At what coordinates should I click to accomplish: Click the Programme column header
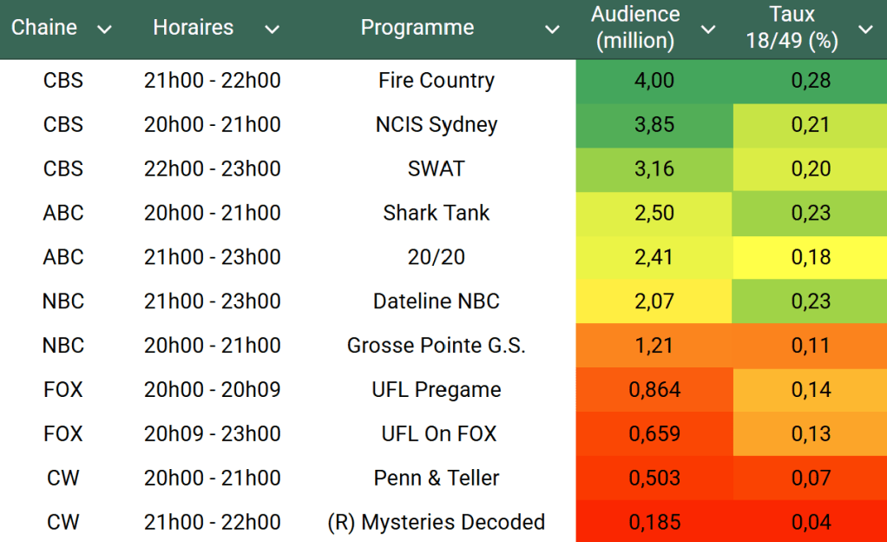[417, 28]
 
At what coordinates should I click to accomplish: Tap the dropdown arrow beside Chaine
[105, 30]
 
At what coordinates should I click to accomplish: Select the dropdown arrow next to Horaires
[272, 30]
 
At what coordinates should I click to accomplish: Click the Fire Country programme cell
[437, 81]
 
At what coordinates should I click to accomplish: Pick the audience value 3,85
[654, 125]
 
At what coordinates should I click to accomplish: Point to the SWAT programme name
[437, 169]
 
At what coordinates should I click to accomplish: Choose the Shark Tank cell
[437, 214]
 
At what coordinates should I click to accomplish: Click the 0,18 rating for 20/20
[811, 258]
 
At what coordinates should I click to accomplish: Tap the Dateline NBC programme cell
[437, 302]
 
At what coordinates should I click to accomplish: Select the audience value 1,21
[654, 347]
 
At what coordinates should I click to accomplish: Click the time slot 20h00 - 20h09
[213, 391]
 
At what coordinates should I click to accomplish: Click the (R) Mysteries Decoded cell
[437, 523]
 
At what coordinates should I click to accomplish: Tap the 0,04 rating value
[811, 523]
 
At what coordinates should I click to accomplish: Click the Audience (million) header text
[635, 28]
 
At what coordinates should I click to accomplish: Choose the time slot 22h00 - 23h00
[213, 169]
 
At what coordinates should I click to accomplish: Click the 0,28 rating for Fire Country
[811, 81]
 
